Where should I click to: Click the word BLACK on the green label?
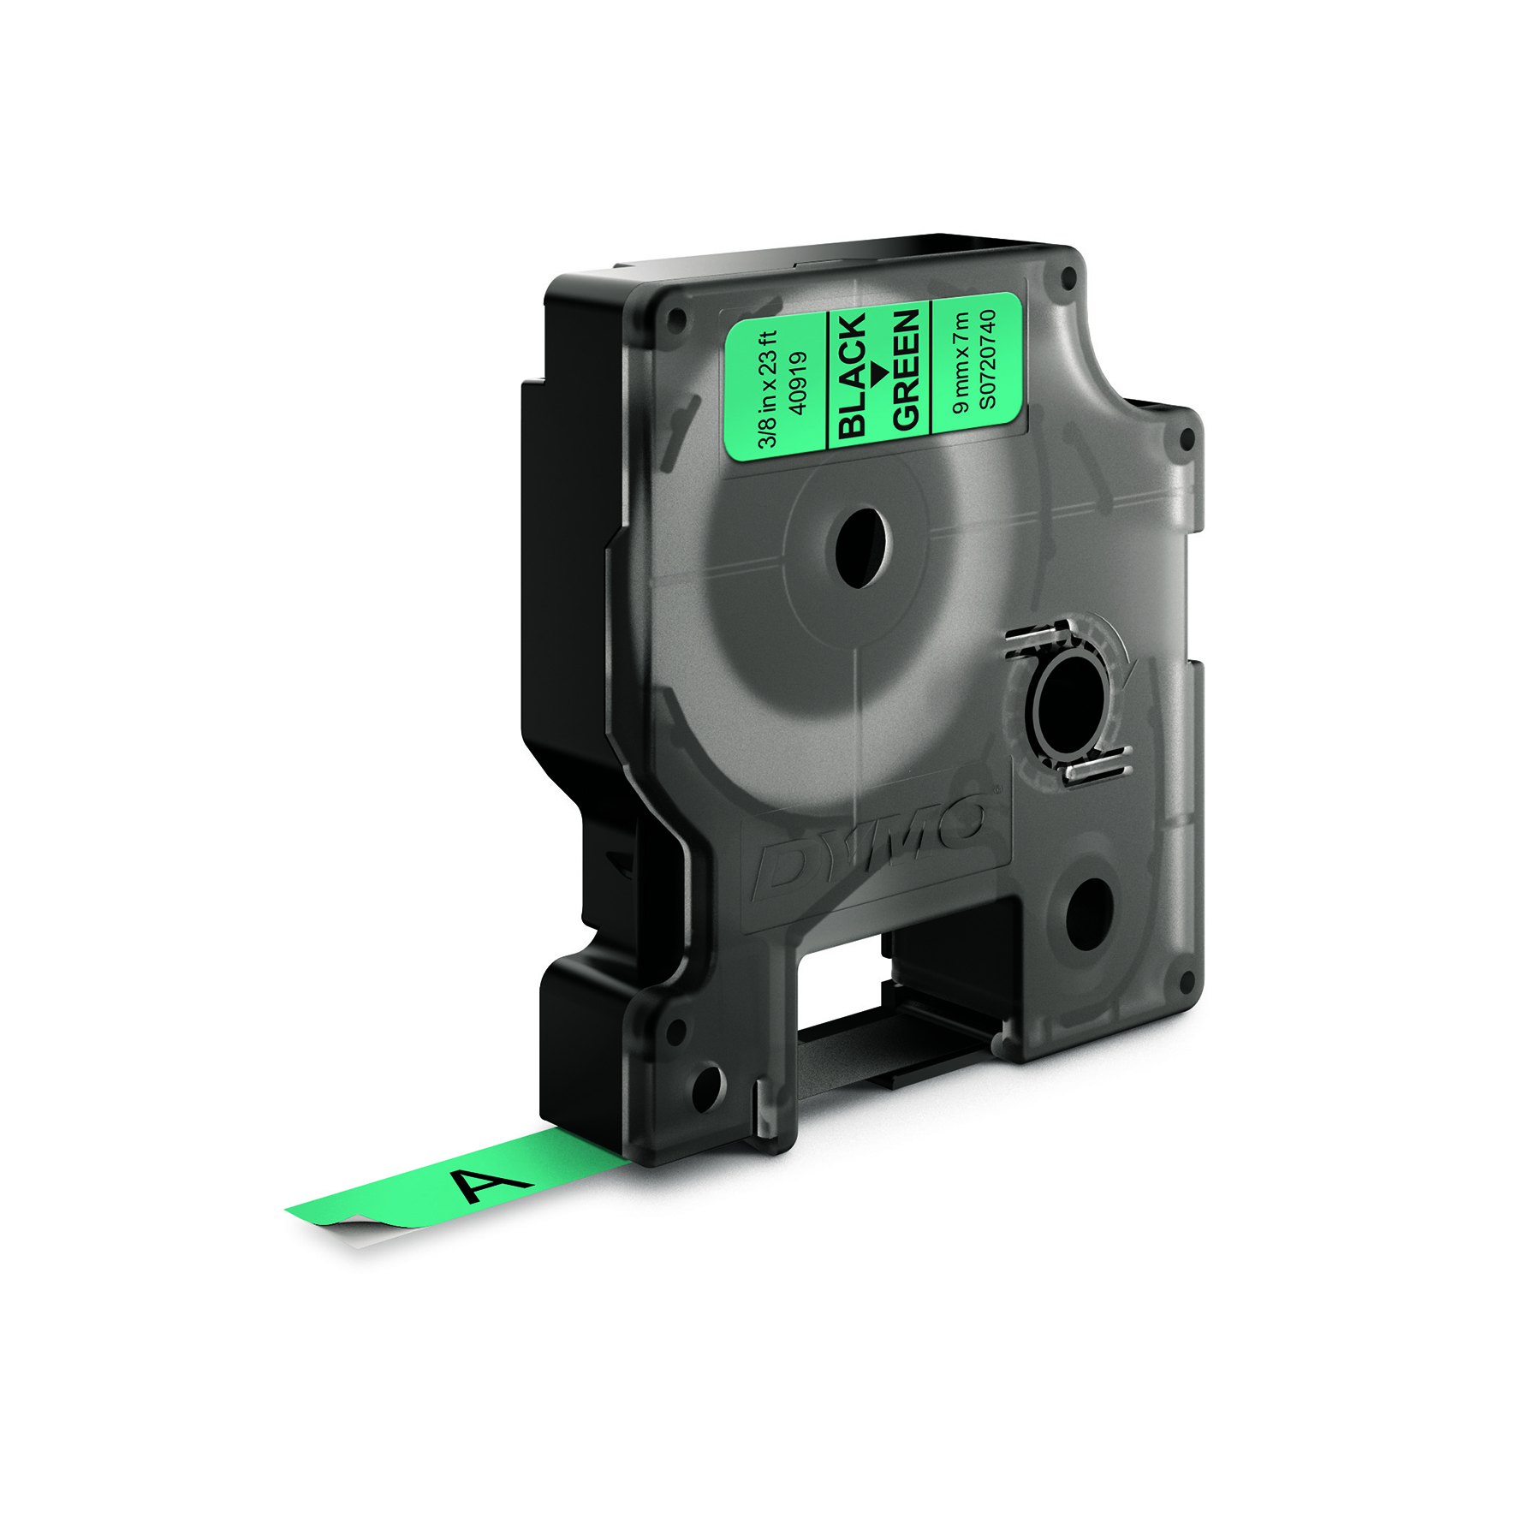click(x=852, y=377)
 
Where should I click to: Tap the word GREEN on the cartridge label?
click(x=906, y=369)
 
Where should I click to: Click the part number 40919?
click(x=799, y=384)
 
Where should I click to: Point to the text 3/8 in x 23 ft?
click(x=768, y=390)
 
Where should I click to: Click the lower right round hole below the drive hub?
click(x=1089, y=914)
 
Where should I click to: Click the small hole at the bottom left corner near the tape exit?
click(x=707, y=1088)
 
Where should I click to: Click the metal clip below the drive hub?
click(x=1099, y=764)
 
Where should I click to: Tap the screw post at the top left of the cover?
click(x=676, y=322)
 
